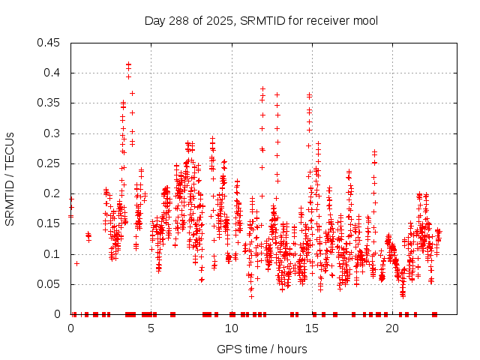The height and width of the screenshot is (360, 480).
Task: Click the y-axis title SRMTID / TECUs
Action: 10,178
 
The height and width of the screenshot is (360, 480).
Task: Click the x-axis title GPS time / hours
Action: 262,349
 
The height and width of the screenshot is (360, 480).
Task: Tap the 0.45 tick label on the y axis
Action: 50,43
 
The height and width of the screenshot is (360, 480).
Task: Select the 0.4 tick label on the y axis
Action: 53,73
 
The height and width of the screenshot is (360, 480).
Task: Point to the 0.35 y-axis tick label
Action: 50,103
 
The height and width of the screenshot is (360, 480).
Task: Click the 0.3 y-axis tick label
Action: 53,133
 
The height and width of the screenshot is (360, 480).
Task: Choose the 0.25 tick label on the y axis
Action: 50,163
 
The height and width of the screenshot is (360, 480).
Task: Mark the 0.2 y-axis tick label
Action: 53,193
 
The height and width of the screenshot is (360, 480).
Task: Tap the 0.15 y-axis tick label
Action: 50,223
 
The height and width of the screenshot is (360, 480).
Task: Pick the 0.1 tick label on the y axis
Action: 53,254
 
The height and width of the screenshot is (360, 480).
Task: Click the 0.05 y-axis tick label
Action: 50,284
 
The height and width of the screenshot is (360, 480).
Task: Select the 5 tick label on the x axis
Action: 151,328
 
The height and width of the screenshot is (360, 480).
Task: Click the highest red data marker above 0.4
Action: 129,64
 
